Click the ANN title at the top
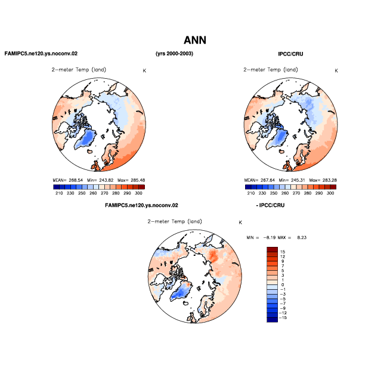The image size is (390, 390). click(195, 41)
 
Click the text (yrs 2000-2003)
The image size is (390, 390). click(174, 54)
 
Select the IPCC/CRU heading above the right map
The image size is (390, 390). click(290, 54)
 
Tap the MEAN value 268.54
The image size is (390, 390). click(76, 180)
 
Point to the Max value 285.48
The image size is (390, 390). click(138, 180)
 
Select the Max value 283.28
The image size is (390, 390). click(330, 180)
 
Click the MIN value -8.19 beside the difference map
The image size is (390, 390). click(270, 237)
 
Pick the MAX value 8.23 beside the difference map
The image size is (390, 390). click(302, 237)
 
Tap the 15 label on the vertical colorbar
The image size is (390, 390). click(283, 252)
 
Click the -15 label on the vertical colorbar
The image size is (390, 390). click(283, 318)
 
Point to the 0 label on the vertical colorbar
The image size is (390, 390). click(283, 285)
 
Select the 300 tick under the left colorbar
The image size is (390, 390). click(138, 193)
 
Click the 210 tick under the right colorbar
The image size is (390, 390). click(251, 193)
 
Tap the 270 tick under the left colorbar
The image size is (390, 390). click(104, 193)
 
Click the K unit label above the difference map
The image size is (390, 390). click(240, 222)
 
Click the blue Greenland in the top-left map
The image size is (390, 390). click(85, 140)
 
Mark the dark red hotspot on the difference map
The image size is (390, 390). click(213, 256)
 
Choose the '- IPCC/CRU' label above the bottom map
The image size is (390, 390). click(270, 206)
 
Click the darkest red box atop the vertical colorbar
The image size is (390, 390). click(272, 249)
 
